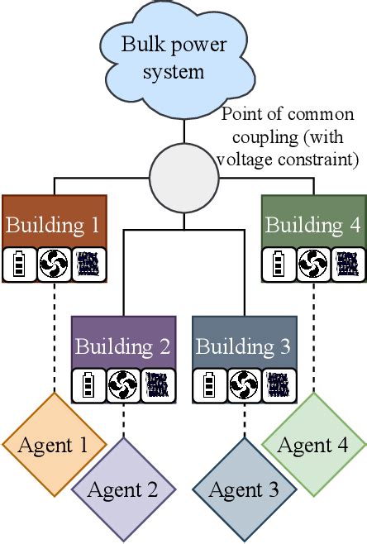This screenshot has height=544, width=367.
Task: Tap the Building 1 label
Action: coord(55,225)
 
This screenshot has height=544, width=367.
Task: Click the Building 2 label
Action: coord(123,346)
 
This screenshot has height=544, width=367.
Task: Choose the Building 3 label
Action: coord(245,346)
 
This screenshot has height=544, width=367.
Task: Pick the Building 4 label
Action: coord(312,225)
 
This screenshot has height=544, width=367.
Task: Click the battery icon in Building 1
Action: coord(20,264)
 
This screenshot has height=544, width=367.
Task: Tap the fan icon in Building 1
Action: coord(55,264)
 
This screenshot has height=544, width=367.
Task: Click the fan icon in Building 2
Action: coord(124,385)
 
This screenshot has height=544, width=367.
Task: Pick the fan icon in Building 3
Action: coord(245,385)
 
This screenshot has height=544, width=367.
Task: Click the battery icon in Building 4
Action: coord(279,264)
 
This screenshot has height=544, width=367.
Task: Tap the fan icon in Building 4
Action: coord(312,264)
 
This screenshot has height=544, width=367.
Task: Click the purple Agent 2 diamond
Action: coord(123,489)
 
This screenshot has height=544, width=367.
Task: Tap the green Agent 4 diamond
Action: coord(314,445)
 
